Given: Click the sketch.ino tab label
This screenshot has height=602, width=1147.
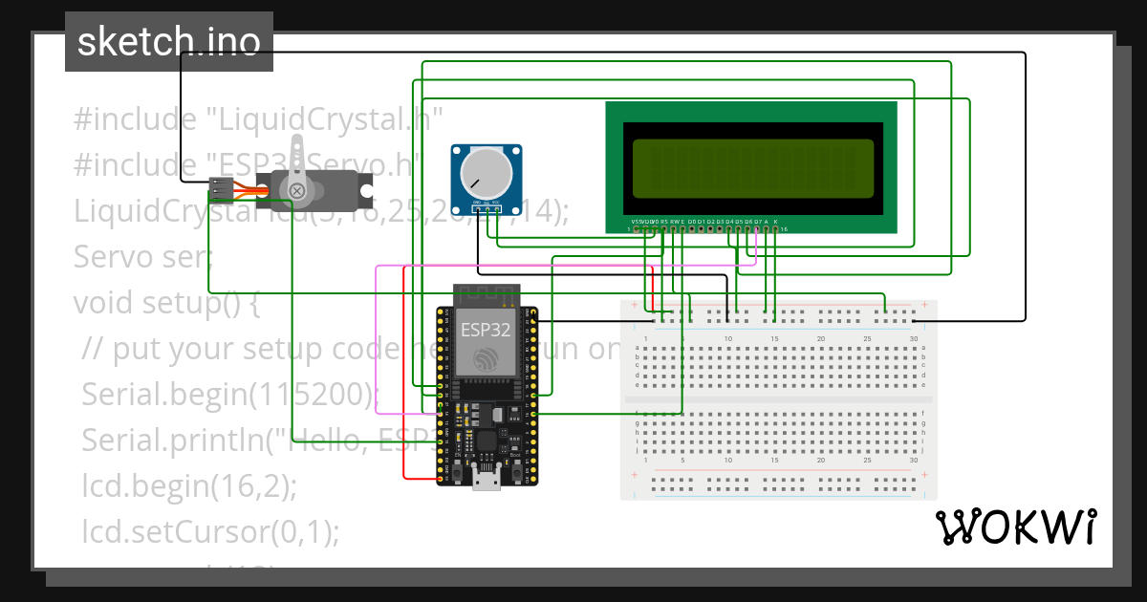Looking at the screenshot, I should point(169,43).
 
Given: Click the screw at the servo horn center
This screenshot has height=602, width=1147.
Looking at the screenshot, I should point(297,191).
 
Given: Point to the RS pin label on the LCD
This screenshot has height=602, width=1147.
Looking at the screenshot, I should point(664,221).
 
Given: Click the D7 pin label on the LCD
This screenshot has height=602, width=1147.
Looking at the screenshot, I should point(757,221).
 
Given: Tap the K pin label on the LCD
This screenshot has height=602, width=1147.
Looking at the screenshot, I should point(775,221).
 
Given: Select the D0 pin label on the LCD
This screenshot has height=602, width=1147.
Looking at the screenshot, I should point(692,221).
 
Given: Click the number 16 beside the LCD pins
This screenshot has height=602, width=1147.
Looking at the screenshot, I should point(784,229).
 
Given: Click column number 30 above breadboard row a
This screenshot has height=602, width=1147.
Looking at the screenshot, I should point(914,339).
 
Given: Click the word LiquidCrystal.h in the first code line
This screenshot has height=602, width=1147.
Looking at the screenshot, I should point(325,119).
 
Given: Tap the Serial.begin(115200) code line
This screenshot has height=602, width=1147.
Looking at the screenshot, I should point(230,395).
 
